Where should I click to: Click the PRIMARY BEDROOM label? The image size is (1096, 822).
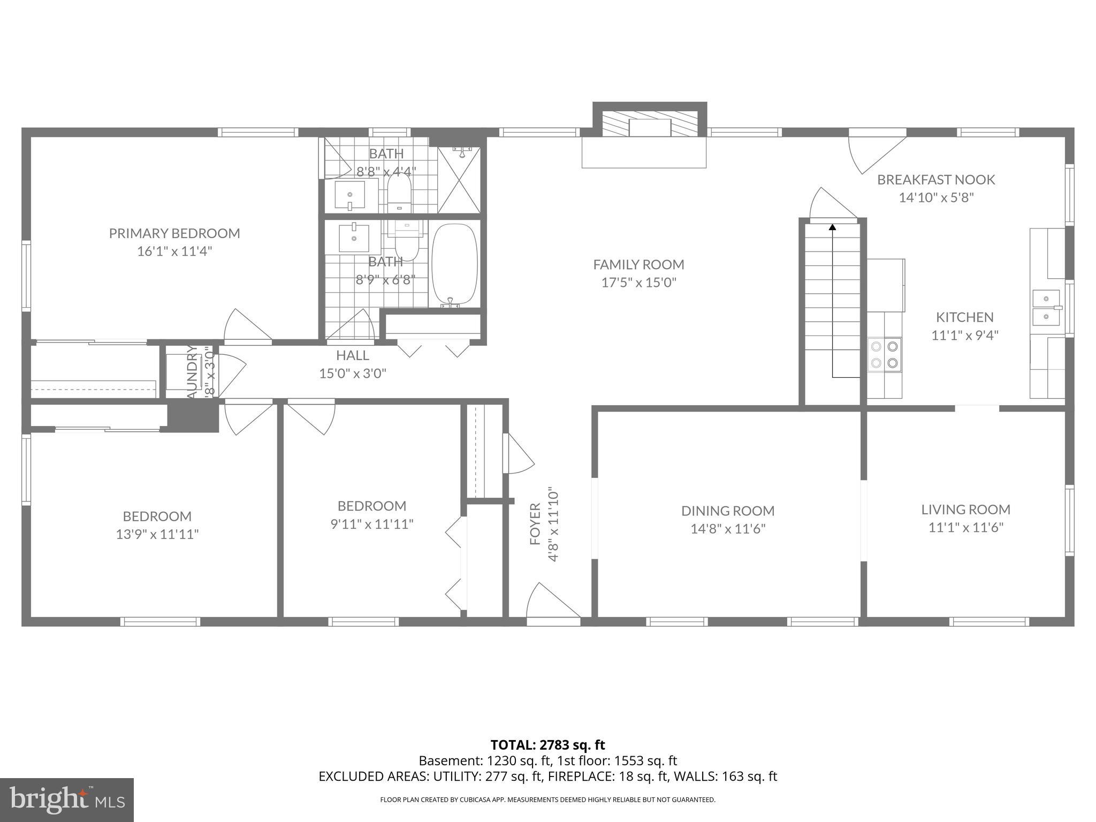(x=174, y=233)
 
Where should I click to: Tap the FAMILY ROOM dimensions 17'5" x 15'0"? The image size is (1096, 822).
(x=638, y=283)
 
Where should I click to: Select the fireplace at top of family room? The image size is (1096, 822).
(x=650, y=127)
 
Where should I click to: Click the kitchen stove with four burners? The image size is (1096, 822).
(x=884, y=354)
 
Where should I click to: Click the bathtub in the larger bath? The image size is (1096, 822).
(x=454, y=265)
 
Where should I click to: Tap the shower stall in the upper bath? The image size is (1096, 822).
(x=459, y=180)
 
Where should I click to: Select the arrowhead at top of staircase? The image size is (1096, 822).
(x=832, y=227)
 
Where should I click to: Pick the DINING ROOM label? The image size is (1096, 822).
(x=728, y=511)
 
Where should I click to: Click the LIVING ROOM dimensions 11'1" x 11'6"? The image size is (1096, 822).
(x=965, y=528)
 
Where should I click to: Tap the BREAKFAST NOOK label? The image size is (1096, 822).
(x=935, y=180)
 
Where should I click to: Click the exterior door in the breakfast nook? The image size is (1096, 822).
(x=877, y=153)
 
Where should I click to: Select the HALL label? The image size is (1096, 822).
(x=352, y=355)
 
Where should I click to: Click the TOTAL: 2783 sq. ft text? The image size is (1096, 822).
(x=547, y=745)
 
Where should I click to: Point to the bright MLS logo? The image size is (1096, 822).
(x=67, y=800)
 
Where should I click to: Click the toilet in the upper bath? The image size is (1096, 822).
(x=399, y=192)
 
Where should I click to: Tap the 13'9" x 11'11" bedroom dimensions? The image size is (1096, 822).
(x=157, y=534)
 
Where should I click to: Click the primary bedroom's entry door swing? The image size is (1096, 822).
(x=247, y=326)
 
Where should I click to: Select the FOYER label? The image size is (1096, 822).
(x=535, y=524)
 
